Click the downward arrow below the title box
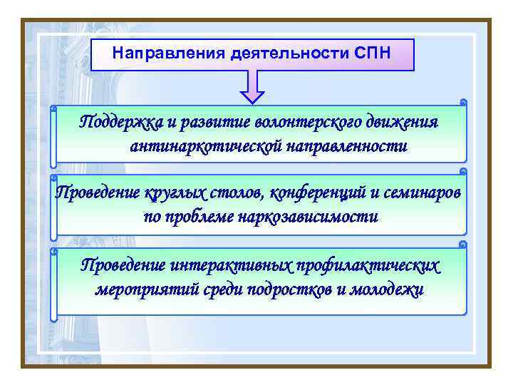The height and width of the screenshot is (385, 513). point(252,88)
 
